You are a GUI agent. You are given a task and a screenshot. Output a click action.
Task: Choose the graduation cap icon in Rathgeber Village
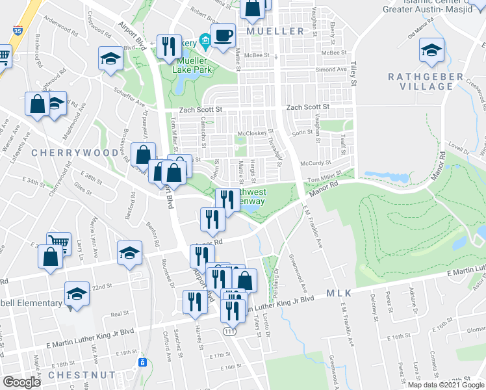click(x=431, y=51)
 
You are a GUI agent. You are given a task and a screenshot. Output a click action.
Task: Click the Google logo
click(x=21, y=382)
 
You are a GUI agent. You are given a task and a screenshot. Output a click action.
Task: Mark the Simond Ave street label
click(x=331, y=70)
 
